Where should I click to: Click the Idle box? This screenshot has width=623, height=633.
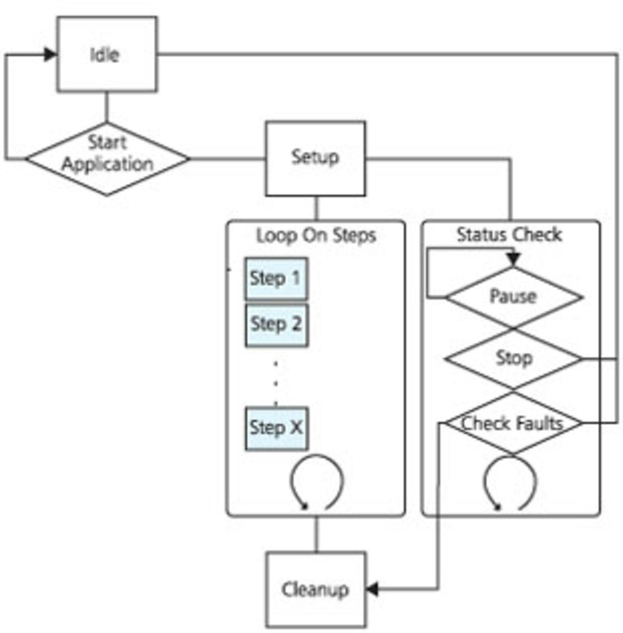click(x=106, y=54)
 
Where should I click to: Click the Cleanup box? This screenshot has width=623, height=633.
click(x=316, y=589)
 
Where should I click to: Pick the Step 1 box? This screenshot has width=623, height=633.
click(x=276, y=279)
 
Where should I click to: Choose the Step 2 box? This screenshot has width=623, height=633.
click(x=276, y=325)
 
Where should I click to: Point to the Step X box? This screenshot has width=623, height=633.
click(x=276, y=428)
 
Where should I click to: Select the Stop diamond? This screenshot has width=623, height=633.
click(x=513, y=358)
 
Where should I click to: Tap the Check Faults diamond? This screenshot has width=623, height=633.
click(x=513, y=424)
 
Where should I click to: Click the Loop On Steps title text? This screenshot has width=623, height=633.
click(x=316, y=235)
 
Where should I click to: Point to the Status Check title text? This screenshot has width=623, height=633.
click(x=509, y=235)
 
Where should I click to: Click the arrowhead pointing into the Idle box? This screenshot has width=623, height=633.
click(x=50, y=54)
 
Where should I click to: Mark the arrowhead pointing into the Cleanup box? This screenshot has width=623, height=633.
click(x=372, y=589)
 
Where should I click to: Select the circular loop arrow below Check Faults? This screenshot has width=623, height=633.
click(x=510, y=482)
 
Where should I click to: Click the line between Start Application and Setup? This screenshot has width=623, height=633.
click(x=227, y=158)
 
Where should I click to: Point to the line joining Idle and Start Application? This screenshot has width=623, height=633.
click(x=107, y=107)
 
